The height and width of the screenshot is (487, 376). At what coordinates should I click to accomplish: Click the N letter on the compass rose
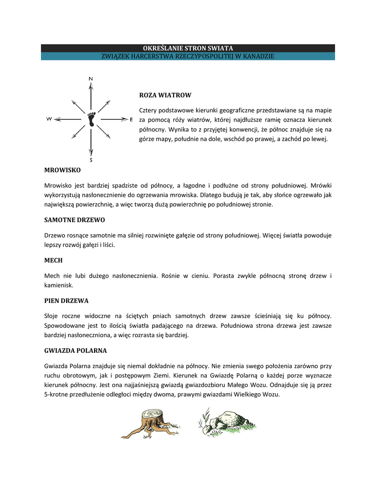91,78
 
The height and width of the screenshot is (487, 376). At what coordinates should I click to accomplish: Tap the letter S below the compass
91,160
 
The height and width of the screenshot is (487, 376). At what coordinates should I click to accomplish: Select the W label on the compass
49,119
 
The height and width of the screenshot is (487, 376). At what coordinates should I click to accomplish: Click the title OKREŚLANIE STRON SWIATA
188,48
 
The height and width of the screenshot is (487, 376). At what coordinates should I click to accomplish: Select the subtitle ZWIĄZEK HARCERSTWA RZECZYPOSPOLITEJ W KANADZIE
188,56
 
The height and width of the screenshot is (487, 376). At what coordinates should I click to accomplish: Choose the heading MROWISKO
62,170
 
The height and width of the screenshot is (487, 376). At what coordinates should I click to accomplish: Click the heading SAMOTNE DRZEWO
74,220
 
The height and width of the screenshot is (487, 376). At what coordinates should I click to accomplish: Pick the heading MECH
53,261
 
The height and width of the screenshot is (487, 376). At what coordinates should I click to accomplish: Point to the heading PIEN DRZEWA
66,301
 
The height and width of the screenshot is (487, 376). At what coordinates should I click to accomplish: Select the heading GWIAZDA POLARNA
75,351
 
